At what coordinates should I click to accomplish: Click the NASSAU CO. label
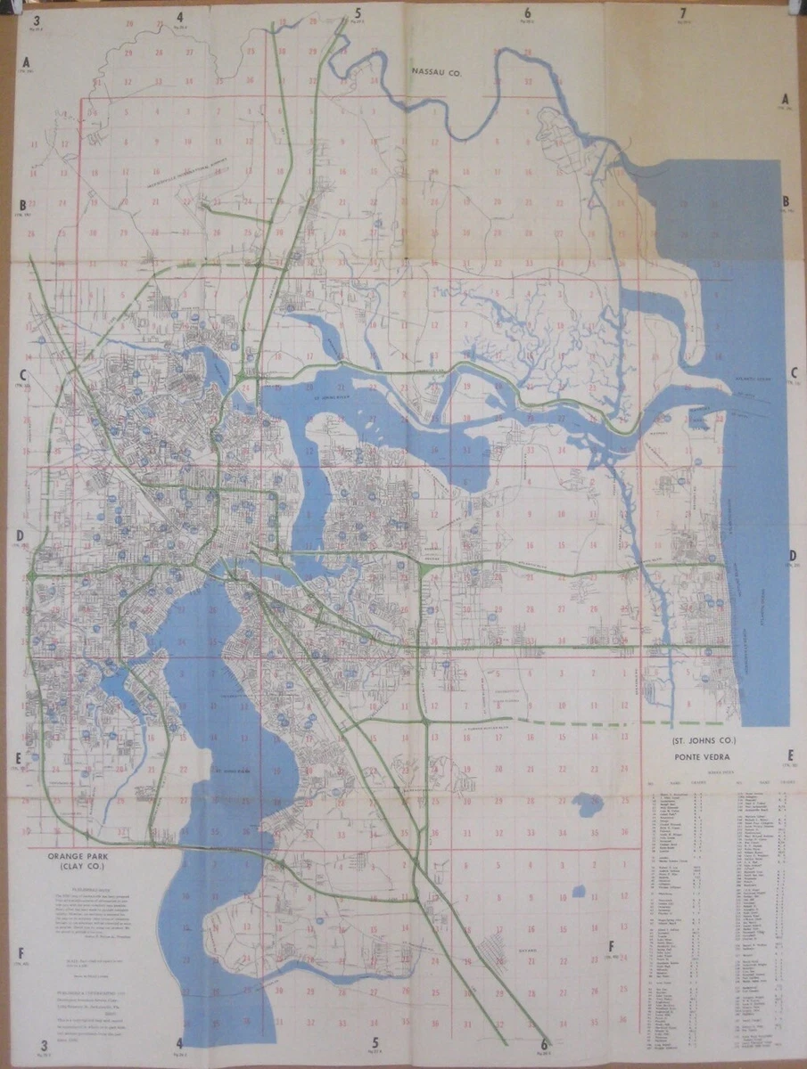click(x=434, y=69)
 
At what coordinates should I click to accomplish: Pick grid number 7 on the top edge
click(x=682, y=12)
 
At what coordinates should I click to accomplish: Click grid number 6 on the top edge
click(x=527, y=12)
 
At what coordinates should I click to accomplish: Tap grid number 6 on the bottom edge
click(x=544, y=1043)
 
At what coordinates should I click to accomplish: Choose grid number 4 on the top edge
click(x=179, y=16)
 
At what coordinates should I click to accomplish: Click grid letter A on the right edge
click(x=786, y=99)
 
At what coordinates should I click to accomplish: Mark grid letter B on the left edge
click(x=24, y=204)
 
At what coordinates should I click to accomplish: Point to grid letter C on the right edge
click(x=792, y=373)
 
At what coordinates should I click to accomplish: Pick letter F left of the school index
click(x=611, y=946)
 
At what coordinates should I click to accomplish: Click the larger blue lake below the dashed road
click(x=588, y=804)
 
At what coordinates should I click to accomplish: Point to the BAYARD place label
click(x=505, y=951)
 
